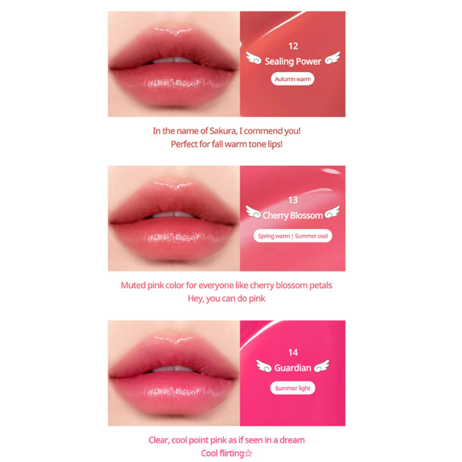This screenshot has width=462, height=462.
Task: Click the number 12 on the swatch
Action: click(293, 46)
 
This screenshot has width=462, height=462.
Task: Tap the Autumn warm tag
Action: click(293, 79)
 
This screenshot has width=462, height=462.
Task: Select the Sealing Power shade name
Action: click(293, 61)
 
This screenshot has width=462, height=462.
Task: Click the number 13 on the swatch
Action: click(293, 200)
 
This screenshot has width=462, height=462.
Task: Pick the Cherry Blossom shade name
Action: click(292, 215)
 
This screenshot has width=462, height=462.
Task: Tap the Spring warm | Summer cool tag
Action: click(293, 236)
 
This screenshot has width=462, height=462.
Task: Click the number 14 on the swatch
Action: click(293, 353)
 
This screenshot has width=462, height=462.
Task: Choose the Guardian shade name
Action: click(292, 368)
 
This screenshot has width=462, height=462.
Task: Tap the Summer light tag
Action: click(293, 388)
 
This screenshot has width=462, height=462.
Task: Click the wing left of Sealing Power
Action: click(254, 58)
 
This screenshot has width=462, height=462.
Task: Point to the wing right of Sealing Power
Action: click(332, 58)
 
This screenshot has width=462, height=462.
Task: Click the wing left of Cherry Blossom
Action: click(253, 212)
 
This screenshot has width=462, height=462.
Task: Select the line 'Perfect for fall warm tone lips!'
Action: click(227, 145)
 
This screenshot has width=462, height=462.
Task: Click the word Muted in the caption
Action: click(134, 285)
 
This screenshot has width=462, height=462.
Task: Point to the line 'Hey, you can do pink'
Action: click(227, 299)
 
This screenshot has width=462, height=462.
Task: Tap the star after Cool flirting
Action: click(248, 453)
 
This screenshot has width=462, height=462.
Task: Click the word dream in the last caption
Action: click(292, 440)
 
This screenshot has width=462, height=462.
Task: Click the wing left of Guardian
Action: click(264, 366)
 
